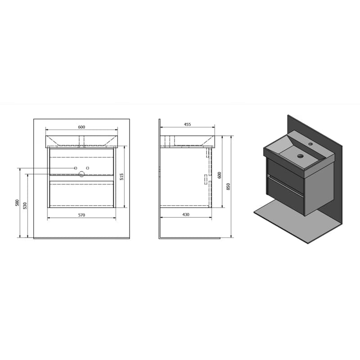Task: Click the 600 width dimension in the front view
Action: (81, 127)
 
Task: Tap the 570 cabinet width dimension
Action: (81, 215)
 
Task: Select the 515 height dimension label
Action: (121, 176)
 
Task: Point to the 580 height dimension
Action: (17, 203)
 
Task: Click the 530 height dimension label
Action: (25, 206)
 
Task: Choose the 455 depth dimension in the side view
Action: (187, 125)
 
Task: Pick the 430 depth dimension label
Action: (186, 215)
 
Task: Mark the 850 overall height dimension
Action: (228, 186)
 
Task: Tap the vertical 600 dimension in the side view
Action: (219, 175)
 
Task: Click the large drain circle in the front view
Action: (81, 174)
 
